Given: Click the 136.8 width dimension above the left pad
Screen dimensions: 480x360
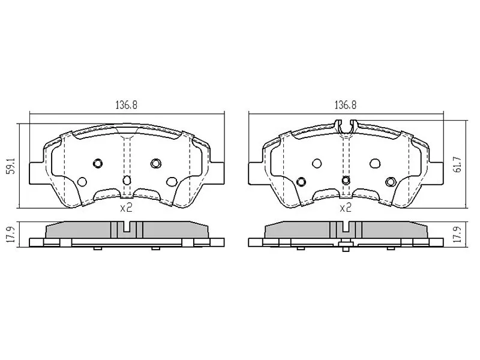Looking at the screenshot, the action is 126,105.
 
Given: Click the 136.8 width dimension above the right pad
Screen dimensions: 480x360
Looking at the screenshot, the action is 346,105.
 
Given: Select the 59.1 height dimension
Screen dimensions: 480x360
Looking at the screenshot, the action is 11,166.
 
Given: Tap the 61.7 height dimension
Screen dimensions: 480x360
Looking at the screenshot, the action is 458,164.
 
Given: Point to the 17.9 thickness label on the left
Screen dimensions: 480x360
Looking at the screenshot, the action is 11,235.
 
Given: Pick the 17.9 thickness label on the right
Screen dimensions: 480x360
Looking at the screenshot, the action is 458,235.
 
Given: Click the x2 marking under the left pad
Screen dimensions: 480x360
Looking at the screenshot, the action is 126,208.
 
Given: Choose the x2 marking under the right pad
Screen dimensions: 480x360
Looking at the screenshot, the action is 346,208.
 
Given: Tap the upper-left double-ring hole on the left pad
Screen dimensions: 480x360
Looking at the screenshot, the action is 98,163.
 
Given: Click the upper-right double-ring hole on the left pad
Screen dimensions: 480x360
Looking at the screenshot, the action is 156,163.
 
